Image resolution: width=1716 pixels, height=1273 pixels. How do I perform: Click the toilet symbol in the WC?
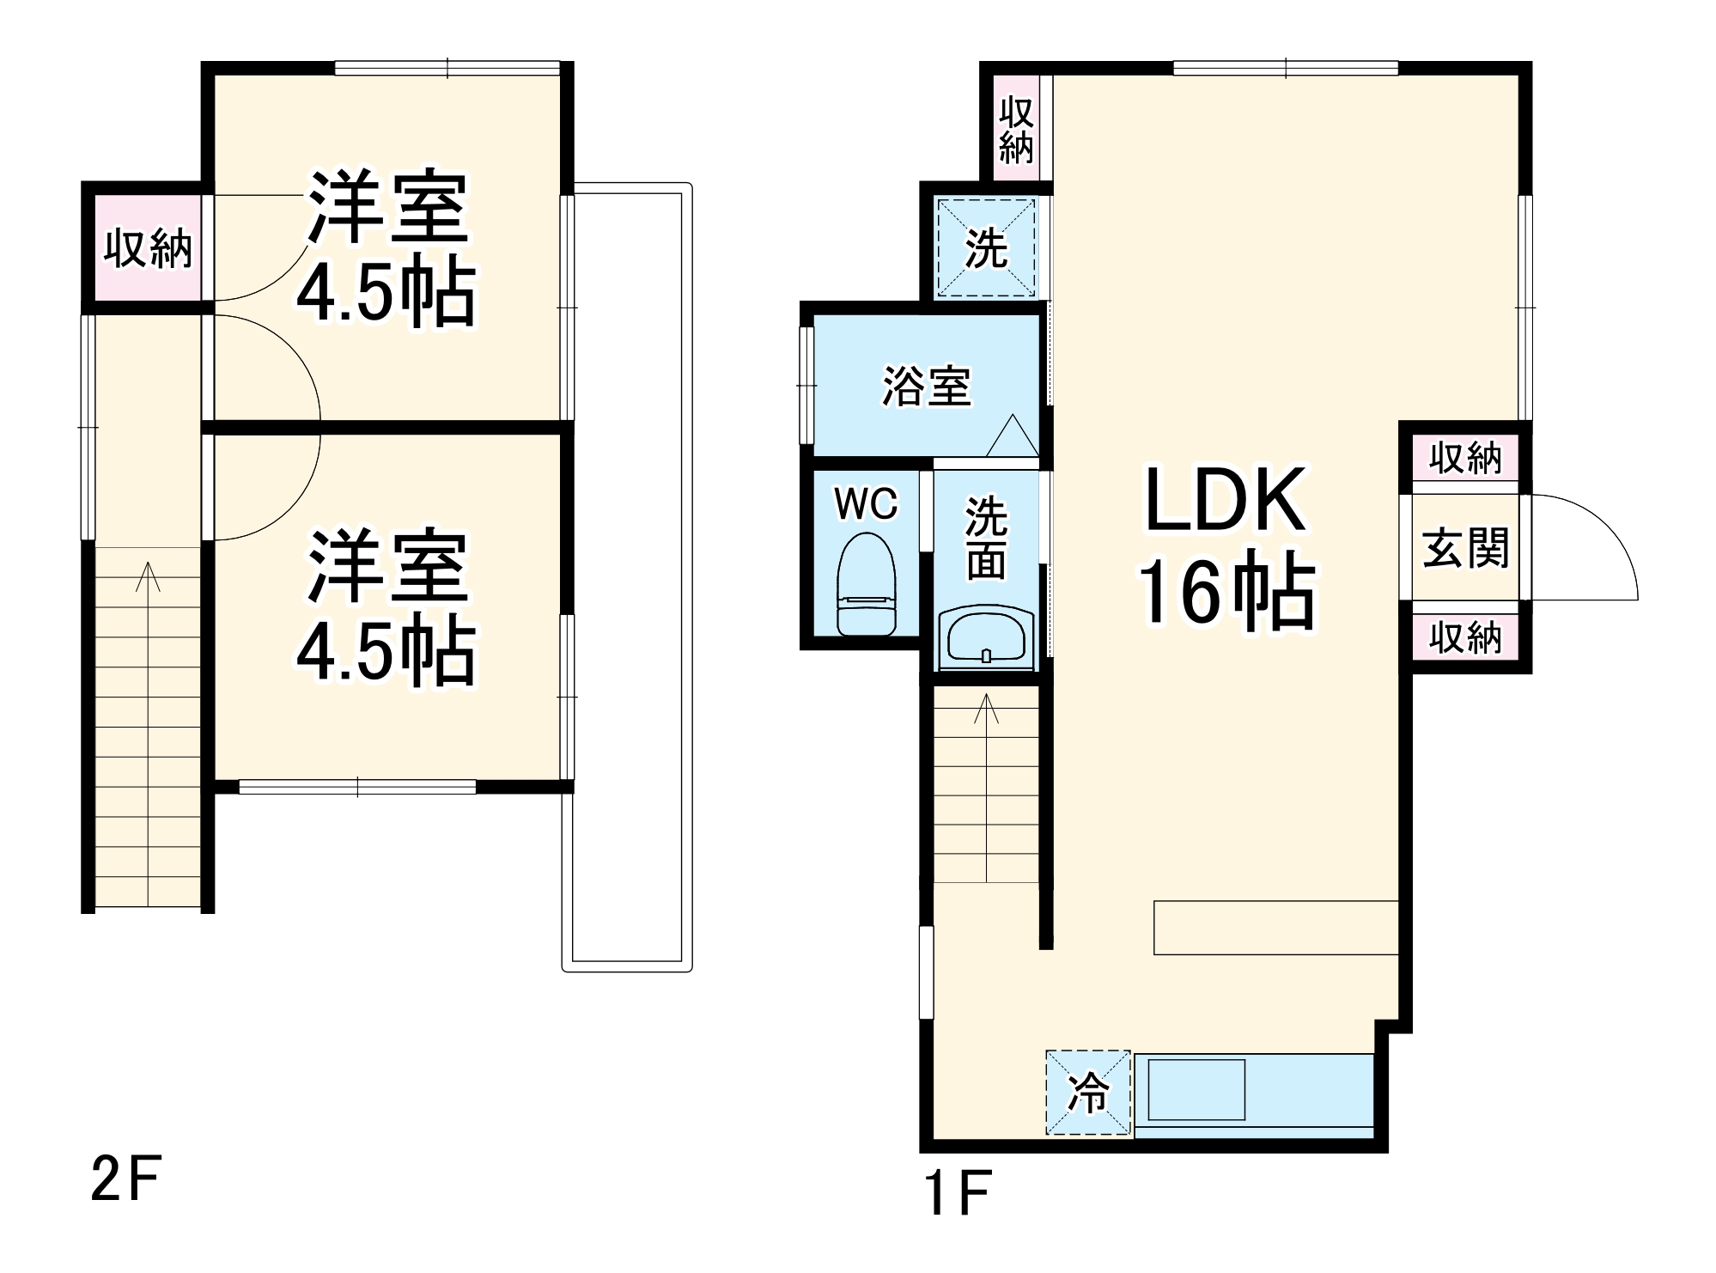point(866,583)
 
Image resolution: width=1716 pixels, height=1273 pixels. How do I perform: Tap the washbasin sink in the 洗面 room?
point(986,638)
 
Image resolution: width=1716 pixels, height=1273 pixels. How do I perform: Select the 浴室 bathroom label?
point(927,387)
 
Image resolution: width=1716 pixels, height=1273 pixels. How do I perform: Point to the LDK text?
point(1226,500)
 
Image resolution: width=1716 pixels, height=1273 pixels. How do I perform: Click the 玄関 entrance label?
point(1465,547)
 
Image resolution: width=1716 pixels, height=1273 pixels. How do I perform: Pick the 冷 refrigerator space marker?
point(1088,1093)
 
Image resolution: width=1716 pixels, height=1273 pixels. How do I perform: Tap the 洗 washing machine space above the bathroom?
point(986,247)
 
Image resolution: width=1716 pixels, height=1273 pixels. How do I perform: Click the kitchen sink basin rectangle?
point(1196,1090)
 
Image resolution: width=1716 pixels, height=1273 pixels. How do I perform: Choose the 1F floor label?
point(958,1192)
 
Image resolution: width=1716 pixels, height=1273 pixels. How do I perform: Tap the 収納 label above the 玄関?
point(1465,459)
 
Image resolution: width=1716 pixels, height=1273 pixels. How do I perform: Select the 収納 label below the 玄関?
point(1465,637)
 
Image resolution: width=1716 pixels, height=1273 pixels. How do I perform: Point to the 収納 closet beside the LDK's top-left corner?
point(1016,129)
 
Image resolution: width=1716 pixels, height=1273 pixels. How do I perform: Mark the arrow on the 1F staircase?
point(986,708)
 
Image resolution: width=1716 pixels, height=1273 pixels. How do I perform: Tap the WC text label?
point(866,504)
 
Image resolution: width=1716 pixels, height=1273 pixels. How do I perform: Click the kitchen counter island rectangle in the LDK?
point(1275,927)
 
